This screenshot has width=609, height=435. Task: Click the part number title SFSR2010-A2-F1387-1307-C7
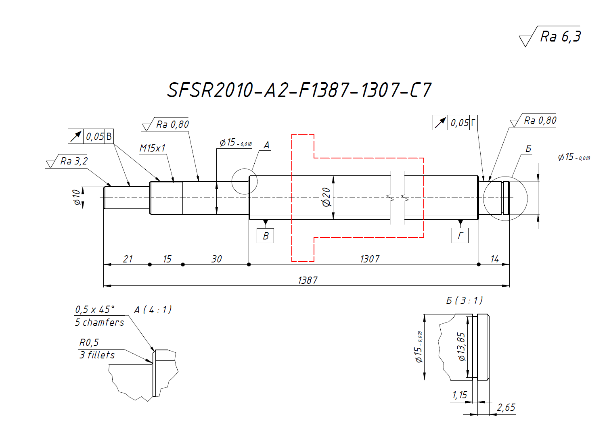click(x=299, y=90)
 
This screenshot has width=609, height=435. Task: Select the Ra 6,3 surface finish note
click(x=560, y=37)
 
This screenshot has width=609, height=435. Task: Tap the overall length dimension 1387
click(x=308, y=280)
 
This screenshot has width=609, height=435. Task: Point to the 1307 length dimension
click(x=370, y=259)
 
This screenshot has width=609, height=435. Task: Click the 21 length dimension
click(x=128, y=259)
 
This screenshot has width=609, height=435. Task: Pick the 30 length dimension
click(x=217, y=259)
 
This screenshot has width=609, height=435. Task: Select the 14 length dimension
click(x=495, y=259)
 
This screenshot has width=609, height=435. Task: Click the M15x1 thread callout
click(x=153, y=148)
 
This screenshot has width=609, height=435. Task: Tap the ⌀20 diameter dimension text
click(x=326, y=197)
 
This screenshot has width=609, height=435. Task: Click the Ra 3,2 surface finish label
click(x=74, y=161)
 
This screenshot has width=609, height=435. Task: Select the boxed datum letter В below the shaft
click(x=266, y=236)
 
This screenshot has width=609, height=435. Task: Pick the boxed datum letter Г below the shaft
click(x=460, y=236)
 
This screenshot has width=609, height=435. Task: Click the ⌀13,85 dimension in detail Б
click(x=461, y=346)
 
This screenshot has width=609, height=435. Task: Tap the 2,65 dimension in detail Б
click(x=506, y=408)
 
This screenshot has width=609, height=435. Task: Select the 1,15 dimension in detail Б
click(x=460, y=395)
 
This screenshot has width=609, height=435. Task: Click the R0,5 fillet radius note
click(x=89, y=343)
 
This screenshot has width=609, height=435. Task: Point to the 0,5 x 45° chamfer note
click(x=95, y=310)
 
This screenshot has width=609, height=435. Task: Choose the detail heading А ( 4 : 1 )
click(x=153, y=310)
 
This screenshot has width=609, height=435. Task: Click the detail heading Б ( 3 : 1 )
click(x=465, y=300)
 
